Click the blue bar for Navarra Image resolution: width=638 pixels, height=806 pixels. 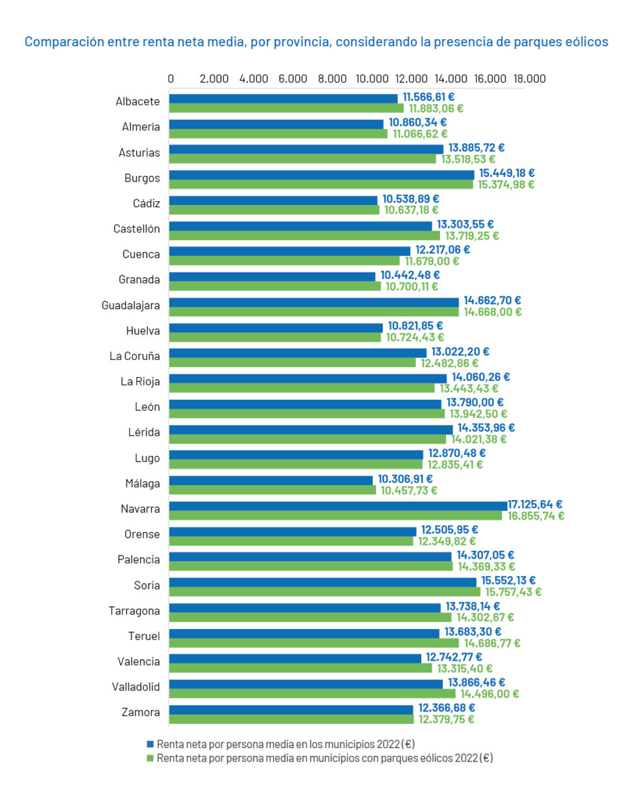pyautogui.click(x=338, y=505)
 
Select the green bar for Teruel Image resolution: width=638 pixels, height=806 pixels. pyautogui.click(x=314, y=643)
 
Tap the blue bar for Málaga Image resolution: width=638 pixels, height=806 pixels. pyautogui.click(x=271, y=480)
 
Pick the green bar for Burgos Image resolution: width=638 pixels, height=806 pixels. pyautogui.click(x=321, y=185)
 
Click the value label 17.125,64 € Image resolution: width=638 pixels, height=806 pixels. pyautogui.click(x=535, y=505)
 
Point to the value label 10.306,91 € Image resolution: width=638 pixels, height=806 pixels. pyautogui.click(x=405, y=479)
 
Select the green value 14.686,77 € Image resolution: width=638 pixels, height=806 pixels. pyautogui.click(x=492, y=643)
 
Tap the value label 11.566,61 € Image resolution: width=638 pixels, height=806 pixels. pyautogui.click(x=428, y=97)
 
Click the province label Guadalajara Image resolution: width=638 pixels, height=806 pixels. pyautogui.click(x=130, y=305)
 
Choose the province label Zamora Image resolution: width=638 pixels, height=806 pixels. pyautogui.click(x=141, y=712)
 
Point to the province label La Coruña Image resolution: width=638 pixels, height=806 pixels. pyautogui.click(x=134, y=356)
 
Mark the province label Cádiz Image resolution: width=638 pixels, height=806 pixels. pyautogui.click(x=146, y=204)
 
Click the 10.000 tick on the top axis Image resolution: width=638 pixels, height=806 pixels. pyautogui.click(x=372, y=79)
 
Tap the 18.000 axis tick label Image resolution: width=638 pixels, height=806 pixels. pyautogui.click(x=529, y=79)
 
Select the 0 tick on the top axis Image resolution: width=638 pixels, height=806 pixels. pyautogui.click(x=171, y=79)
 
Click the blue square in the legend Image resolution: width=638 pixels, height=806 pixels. pyautogui.click(x=150, y=743)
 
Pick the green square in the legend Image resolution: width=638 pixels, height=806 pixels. pyautogui.click(x=150, y=758)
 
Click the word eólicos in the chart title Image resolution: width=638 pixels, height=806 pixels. pyautogui.click(x=583, y=42)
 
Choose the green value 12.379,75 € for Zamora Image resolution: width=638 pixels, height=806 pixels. pyautogui.click(x=447, y=719)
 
